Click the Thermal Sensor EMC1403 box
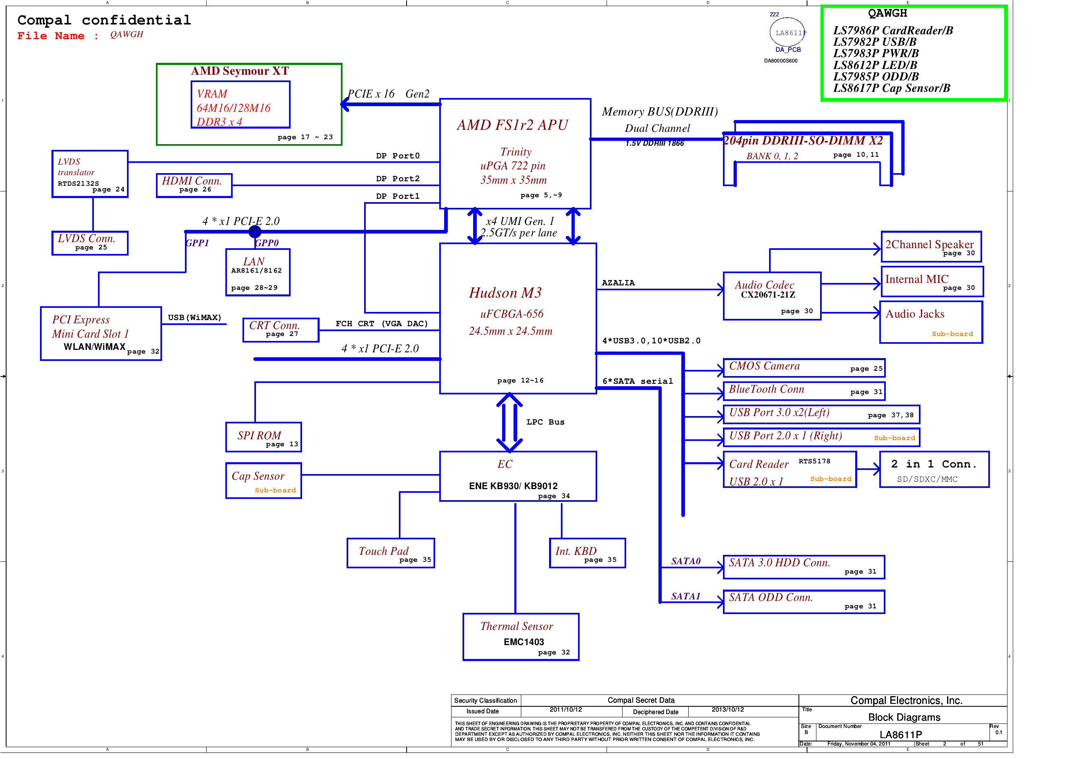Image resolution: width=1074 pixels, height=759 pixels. click(520, 637)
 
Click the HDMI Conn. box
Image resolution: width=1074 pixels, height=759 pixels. click(194, 185)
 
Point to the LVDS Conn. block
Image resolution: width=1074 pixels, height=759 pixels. click(90, 243)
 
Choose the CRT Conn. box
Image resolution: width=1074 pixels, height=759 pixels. click(281, 330)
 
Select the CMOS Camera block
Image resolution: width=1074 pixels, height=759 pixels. click(804, 368)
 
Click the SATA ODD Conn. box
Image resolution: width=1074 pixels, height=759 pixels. click(804, 602)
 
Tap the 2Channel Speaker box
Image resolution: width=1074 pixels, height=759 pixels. click(931, 247)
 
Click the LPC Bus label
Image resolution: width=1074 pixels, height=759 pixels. click(545, 422)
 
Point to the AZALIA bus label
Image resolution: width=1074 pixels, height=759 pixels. click(618, 283)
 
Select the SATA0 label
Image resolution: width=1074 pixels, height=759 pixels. click(686, 561)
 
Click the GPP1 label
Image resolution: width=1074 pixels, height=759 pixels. click(197, 243)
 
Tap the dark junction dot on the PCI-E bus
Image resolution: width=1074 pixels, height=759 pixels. click(255, 231)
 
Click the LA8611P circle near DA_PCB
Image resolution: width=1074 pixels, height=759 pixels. click(788, 32)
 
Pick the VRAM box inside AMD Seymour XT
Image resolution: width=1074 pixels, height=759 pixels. click(240, 105)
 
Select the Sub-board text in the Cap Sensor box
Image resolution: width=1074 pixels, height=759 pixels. click(275, 490)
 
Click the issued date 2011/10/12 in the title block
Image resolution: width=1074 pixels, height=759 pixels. click(565, 710)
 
